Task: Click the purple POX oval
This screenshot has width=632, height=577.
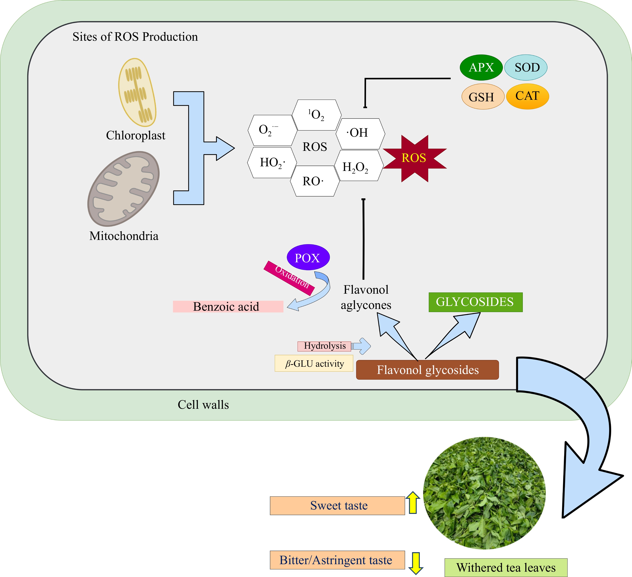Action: pyautogui.click(x=308, y=258)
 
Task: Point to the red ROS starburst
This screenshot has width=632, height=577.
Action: pyautogui.click(x=414, y=158)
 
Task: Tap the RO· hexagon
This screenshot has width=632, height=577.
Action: pyautogui.click(x=314, y=181)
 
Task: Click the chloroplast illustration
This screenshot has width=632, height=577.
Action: pyautogui.click(x=137, y=93)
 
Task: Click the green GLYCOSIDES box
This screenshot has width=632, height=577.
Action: pyautogui.click(x=475, y=302)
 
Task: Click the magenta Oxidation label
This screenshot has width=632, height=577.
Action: pyautogui.click(x=289, y=278)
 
